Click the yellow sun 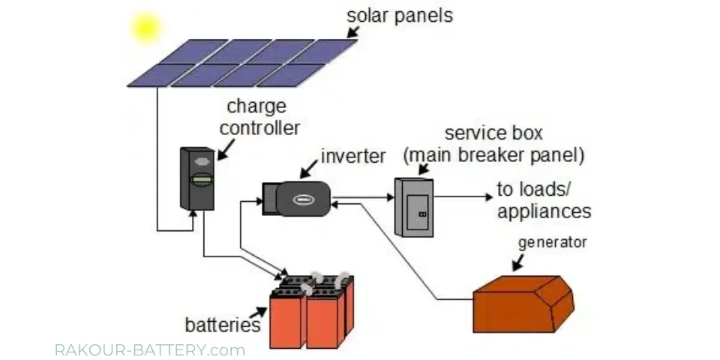[x=145, y=28]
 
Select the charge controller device [x=197, y=177]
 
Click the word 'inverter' [x=352, y=157]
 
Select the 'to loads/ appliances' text [x=544, y=200]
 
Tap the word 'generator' [x=553, y=242]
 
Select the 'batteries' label [x=222, y=325]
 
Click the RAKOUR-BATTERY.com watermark [x=150, y=350]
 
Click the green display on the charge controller [x=200, y=179]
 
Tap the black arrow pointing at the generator [x=520, y=261]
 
